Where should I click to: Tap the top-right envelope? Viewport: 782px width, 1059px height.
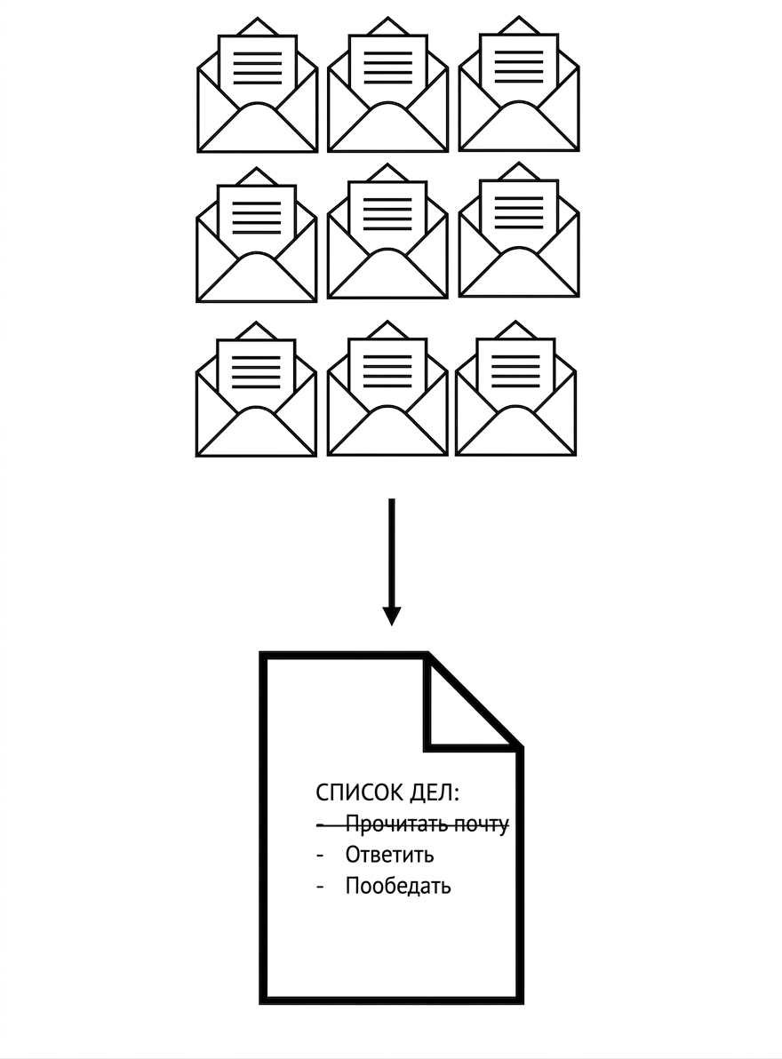[x=519, y=84]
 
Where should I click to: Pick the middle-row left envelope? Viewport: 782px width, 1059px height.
[x=257, y=235]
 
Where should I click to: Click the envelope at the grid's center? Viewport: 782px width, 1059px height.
[x=387, y=231]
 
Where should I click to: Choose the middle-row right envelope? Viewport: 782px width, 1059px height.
[x=519, y=229]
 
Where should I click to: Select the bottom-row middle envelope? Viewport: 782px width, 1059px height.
[x=387, y=389]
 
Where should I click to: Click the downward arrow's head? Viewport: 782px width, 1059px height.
[x=392, y=616]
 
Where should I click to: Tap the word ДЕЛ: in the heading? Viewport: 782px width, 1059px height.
[x=435, y=792]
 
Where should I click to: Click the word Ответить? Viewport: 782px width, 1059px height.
[x=389, y=855]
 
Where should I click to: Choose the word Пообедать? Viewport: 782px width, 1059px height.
[x=398, y=886]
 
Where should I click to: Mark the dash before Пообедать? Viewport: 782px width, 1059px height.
[x=321, y=887]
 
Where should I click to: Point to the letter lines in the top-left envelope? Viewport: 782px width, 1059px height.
[x=257, y=68]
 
